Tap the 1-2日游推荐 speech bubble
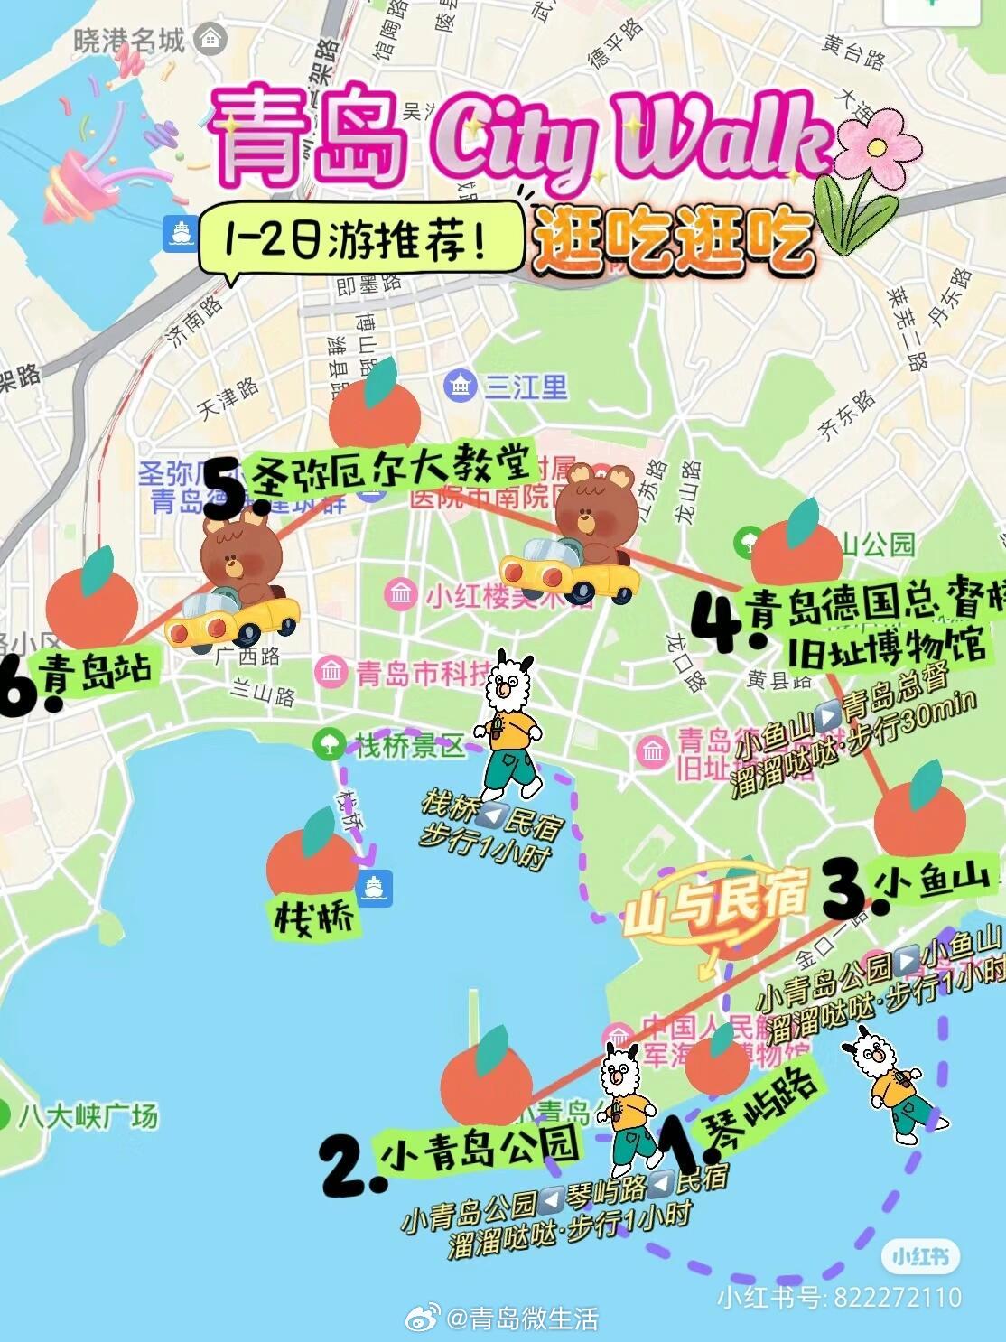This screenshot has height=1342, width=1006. [x=361, y=238]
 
